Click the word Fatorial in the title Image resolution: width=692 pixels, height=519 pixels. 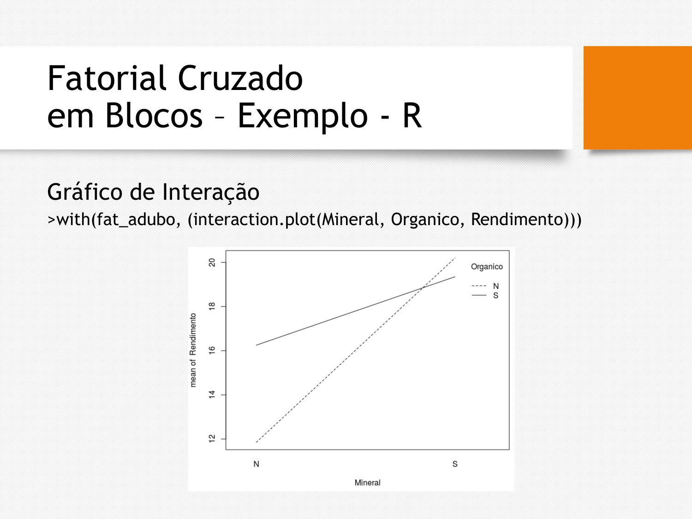(107, 78)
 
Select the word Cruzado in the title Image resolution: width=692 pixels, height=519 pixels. (240, 78)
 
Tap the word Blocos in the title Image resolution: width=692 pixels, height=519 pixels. (154, 115)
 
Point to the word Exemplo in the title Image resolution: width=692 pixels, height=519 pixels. (303, 117)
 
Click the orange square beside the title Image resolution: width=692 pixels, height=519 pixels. (638, 98)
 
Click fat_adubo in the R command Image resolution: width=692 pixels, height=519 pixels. (136, 220)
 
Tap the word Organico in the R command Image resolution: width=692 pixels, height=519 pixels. (425, 220)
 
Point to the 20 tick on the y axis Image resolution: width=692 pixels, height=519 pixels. (212, 262)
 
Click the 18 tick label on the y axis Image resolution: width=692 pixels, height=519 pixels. (212, 306)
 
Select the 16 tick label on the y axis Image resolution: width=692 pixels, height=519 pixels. (212, 351)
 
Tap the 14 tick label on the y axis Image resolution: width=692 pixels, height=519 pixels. (212, 394)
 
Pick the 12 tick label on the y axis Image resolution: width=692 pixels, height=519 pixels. (212, 439)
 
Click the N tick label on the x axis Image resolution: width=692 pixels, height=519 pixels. (257, 464)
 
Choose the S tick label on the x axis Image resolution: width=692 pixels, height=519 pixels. (455, 464)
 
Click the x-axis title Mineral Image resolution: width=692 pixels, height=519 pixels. (367, 483)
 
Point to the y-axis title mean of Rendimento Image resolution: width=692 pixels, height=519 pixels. (193, 350)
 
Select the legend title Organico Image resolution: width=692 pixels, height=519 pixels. (487, 267)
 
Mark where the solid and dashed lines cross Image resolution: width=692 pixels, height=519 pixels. (423, 287)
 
